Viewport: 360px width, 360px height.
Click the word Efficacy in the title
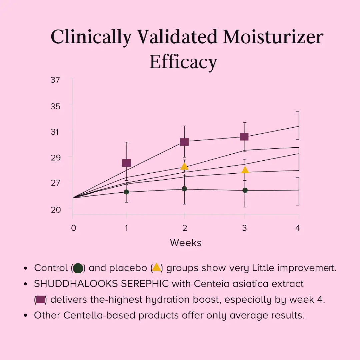click(x=183, y=62)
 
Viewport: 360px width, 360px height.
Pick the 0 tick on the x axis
click(x=73, y=228)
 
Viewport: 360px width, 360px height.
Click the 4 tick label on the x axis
click(x=298, y=228)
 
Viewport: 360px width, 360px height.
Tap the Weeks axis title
click(x=186, y=243)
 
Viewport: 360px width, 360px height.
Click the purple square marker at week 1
click(x=126, y=163)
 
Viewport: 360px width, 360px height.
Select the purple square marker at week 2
click(x=184, y=142)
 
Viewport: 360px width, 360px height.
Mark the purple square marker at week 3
click(x=244, y=137)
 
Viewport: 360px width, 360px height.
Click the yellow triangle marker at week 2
click(x=184, y=166)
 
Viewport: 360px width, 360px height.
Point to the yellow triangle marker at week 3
click(x=245, y=170)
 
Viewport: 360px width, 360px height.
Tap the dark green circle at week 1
click(x=126, y=192)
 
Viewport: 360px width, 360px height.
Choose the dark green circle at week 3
click(x=245, y=190)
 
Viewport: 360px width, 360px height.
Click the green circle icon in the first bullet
click(x=78, y=268)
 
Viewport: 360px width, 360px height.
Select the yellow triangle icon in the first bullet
click(x=156, y=267)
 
